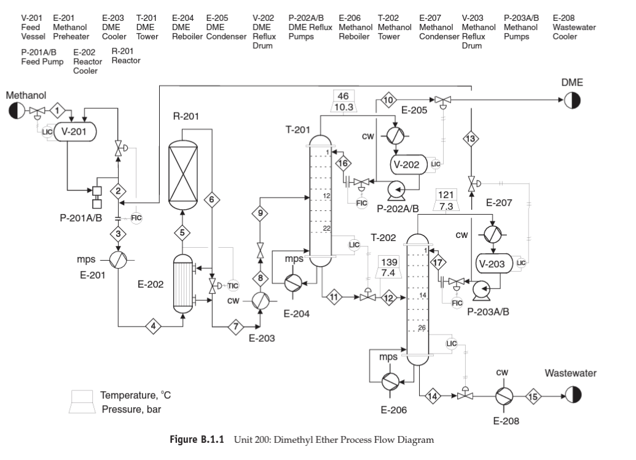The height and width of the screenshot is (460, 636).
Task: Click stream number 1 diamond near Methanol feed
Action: click(x=57, y=110)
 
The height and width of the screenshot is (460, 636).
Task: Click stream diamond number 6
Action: click(x=212, y=199)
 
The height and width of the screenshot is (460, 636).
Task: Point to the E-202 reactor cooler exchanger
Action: click(x=183, y=285)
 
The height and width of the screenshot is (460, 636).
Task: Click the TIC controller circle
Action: click(x=234, y=285)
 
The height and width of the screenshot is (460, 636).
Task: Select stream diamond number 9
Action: click(x=260, y=213)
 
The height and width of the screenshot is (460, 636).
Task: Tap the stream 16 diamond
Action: click(x=343, y=162)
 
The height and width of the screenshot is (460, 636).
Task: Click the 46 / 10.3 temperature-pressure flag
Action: click(x=343, y=101)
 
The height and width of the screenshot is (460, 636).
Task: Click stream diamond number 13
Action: click(x=471, y=139)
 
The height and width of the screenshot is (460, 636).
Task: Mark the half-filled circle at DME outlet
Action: click(x=572, y=100)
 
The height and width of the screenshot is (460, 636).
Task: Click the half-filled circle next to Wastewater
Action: click(x=572, y=396)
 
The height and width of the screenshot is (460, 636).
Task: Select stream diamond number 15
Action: click(x=533, y=397)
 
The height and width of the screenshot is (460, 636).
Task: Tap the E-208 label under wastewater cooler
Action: click(x=506, y=421)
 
